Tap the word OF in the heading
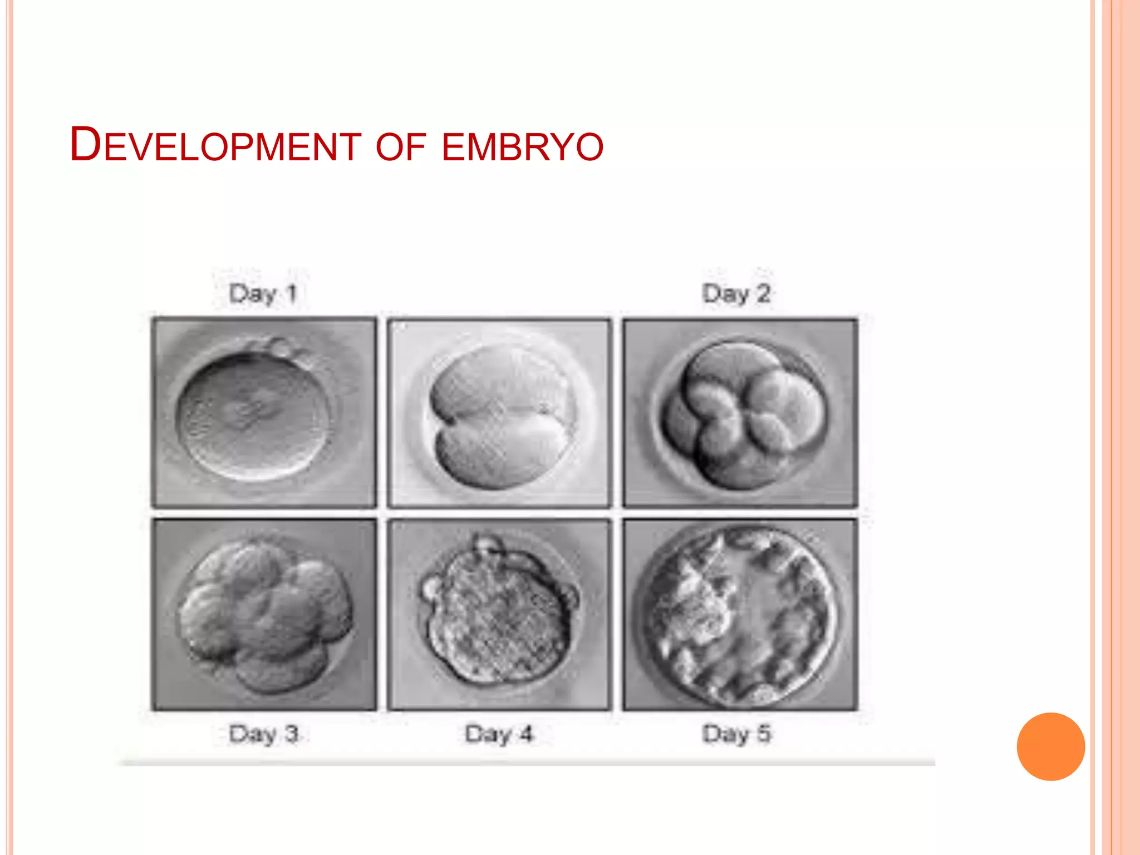(x=401, y=147)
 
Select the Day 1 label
(x=263, y=293)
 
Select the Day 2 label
(x=736, y=293)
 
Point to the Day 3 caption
(x=264, y=734)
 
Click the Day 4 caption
(x=499, y=734)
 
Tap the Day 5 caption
(x=736, y=734)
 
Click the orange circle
(x=1050, y=746)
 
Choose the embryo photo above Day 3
(x=264, y=615)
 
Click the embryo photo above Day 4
(x=499, y=615)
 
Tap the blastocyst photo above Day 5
(x=740, y=615)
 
